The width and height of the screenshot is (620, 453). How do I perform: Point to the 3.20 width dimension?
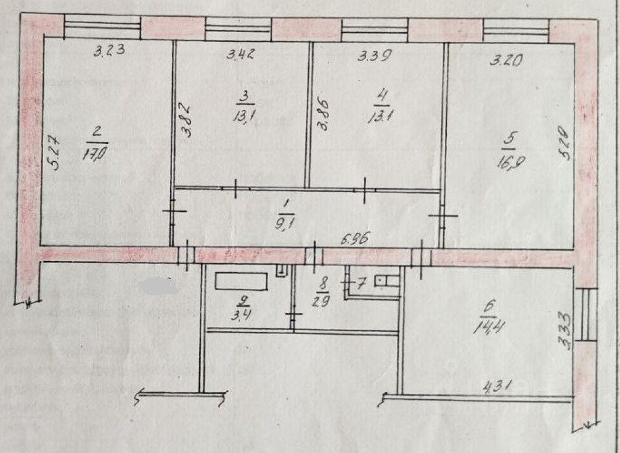pyautogui.click(x=507, y=60)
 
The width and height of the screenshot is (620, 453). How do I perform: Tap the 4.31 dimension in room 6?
pyautogui.click(x=492, y=389)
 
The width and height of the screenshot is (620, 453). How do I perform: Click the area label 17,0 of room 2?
pyautogui.click(x=97, y=150)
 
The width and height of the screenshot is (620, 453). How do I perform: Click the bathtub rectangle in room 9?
pyautogui.click(x=241, y=282)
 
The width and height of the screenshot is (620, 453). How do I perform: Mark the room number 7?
pyautogui.click(x=362, y=283)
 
